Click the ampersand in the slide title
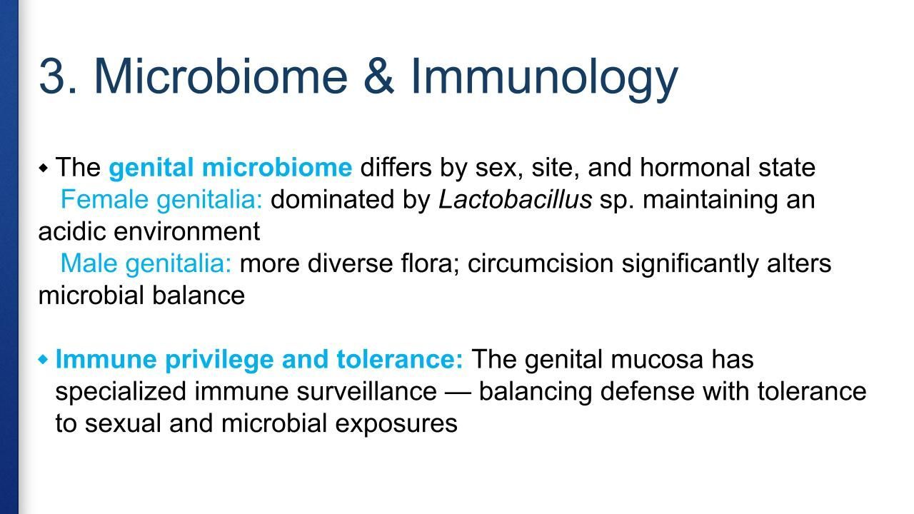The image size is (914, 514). [379, 76]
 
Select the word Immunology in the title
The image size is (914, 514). [544, 79]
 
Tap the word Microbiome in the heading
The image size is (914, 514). [221, 76]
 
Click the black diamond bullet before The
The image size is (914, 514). [44, 168]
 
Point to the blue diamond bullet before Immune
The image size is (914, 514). [43, 359]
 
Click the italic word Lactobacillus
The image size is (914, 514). [515, 199]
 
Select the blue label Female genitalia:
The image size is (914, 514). [161, 201]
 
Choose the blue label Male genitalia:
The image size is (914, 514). [146, 264]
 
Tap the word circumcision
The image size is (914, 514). [541, 263]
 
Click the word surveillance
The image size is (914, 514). [366, 391]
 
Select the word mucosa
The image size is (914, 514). [657, 359]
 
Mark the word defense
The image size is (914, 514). [647, 391]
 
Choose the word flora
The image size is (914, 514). [431, 263]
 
